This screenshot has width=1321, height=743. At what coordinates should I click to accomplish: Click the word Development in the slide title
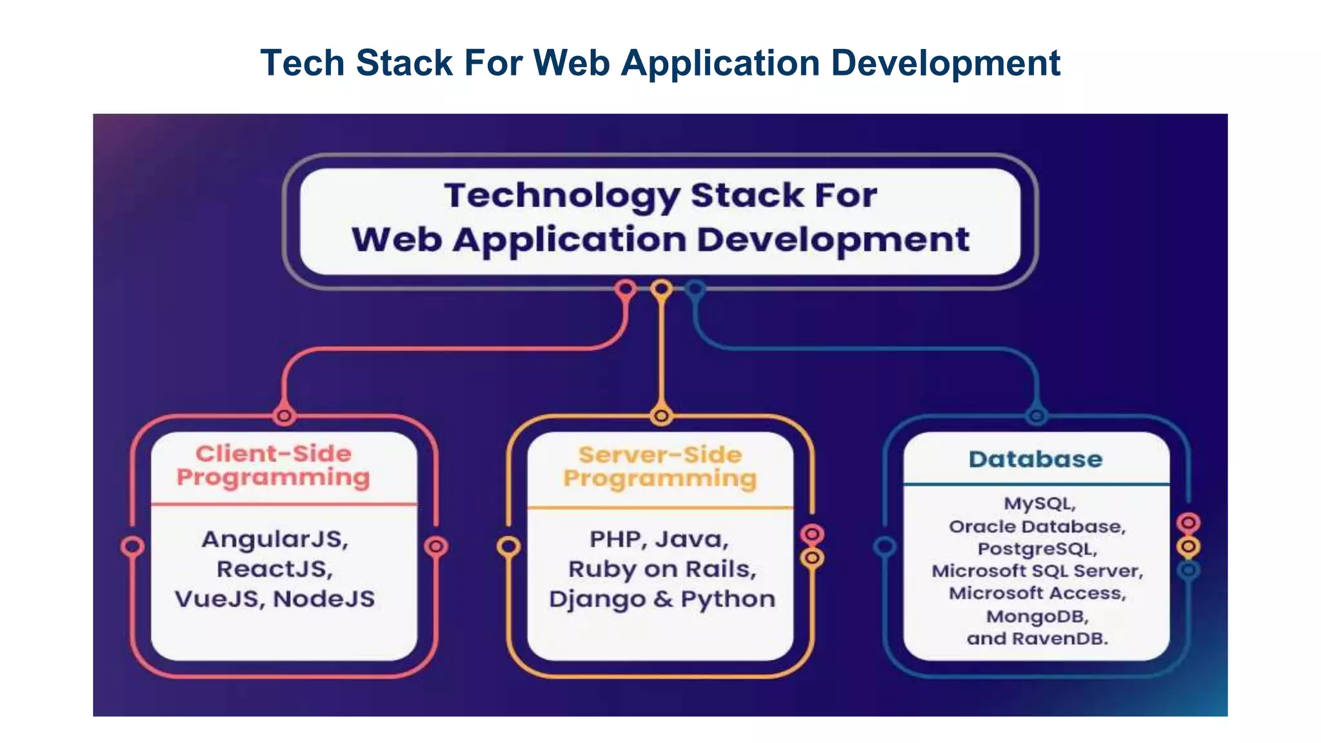(945, 63)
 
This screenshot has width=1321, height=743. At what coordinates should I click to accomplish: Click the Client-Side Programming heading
(273, 466)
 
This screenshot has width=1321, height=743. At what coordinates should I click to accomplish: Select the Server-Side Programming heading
(660, 467)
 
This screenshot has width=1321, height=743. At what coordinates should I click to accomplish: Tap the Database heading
(1035, 459)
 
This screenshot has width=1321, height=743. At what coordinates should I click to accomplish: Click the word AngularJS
(275, 539)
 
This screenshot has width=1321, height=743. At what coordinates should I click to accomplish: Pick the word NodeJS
(324, 599)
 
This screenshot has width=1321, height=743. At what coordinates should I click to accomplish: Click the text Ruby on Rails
(661, 569)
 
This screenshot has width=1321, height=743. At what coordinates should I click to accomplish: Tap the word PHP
(615, 539)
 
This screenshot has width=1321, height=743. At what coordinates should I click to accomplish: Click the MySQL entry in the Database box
(1039, 503)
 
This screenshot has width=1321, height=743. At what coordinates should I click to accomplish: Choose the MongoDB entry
(1037, 616)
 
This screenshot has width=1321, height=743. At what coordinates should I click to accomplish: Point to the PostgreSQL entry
(1037, 548)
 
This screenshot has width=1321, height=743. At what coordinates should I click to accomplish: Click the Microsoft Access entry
(1037, 593)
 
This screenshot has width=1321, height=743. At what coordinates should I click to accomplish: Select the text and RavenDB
(1037, 639)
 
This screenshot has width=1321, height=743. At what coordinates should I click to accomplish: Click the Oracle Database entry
(1037, 526)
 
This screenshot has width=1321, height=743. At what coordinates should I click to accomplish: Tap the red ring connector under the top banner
(625, 288)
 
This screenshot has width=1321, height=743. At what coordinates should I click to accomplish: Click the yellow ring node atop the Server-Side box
(660, 416)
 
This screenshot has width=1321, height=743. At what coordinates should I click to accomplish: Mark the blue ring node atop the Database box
(1036, 416)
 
